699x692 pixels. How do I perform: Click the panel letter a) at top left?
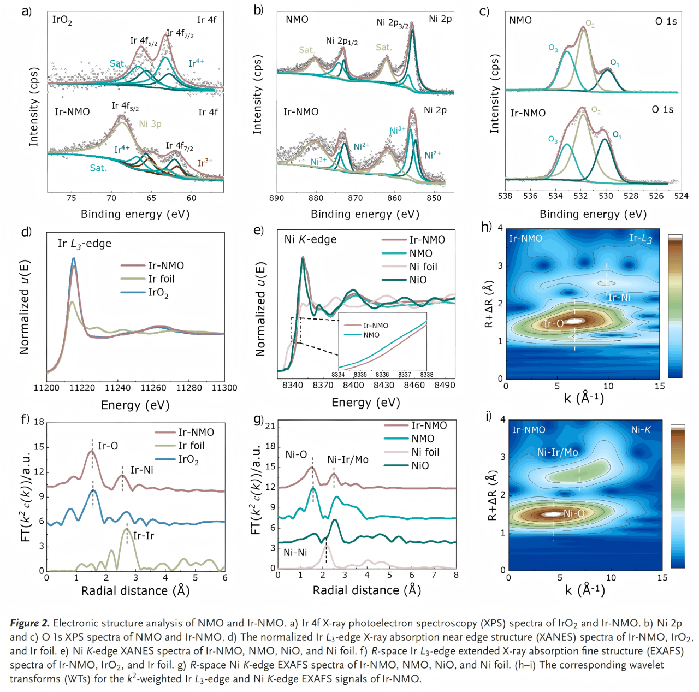(26, 10)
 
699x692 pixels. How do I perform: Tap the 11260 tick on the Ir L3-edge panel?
(153, 388)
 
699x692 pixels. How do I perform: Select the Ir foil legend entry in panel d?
(161, 279)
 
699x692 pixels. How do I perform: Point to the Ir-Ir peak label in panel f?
(144, 536)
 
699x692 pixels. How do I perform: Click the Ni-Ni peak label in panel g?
(295, 553)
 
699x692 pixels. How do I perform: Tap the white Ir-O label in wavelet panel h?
(553, 324)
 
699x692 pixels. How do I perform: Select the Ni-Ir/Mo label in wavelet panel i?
(557, 452)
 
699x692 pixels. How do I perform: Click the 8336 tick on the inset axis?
(382, 375)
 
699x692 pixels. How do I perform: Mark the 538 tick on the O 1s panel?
(505, 196)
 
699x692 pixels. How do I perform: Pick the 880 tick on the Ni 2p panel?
(316, 198)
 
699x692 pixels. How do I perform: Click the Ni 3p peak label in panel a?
(150, 124)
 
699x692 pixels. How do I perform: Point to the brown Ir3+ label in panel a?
(205, 163)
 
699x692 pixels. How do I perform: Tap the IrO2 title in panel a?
(62, 20)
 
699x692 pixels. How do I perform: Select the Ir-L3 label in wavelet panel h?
(640, 238)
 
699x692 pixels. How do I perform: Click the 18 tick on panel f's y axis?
(39, 422)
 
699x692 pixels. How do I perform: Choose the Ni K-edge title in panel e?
(310, 240)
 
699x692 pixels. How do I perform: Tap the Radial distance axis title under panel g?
(366, 590)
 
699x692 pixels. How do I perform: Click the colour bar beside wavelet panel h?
(675, 306)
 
